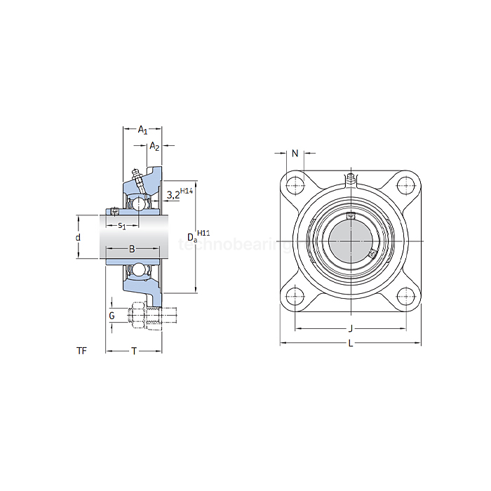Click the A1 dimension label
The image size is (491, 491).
(142, 130)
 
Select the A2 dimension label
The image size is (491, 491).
(155, 147)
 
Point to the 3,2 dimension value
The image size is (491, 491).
(173, 196)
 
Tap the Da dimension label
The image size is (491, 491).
(191, 238)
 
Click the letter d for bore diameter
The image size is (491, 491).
(78, 238)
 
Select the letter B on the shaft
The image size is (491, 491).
(131, 249)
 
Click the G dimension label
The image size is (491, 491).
(112, 316)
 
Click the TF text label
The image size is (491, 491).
(82, 351)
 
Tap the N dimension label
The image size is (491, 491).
(295, 153)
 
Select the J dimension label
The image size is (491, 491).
(350, 329)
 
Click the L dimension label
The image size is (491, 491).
(350, 343)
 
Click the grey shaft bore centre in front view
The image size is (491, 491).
(350, 241)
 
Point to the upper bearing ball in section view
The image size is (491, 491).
(140, 203)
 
